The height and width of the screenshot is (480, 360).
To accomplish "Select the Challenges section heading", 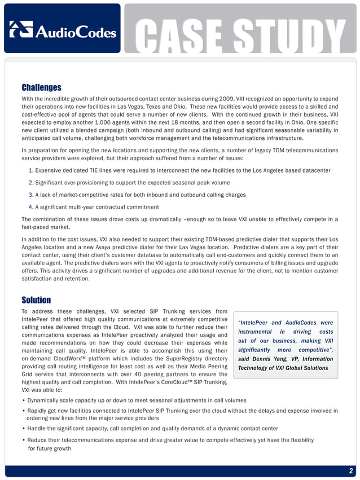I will pos(41,87).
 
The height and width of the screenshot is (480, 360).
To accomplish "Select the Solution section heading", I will pos(36,300).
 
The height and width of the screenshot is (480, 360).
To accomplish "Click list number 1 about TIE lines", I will pos(30,170).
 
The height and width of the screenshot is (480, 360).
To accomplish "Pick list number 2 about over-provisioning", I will pos(30,182).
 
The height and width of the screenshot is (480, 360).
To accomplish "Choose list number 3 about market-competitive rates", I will pos(30,195).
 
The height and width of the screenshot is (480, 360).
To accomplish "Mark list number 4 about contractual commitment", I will pos(30,206).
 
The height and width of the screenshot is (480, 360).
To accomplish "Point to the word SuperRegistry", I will pos(180,358).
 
